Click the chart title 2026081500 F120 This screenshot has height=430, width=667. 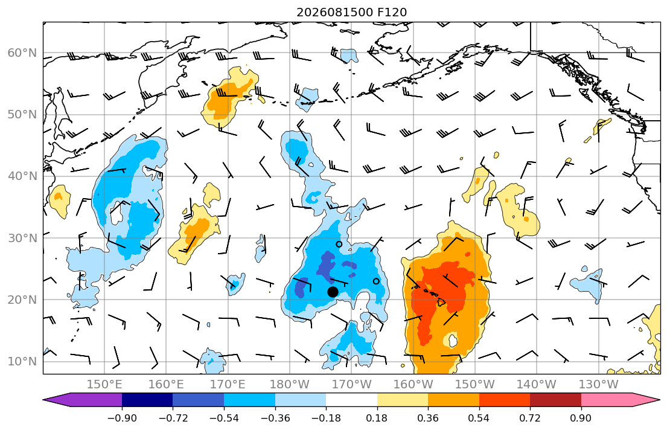[351, 12]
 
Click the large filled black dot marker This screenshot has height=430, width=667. [333, 292]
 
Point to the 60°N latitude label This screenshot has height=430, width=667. [22, 53]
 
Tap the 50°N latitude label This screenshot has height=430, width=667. [22, 115]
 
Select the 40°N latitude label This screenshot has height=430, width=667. [22, 176]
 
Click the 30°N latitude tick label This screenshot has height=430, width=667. [22, 238]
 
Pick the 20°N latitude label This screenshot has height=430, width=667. [22, 300]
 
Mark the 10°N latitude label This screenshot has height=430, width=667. [22, 362]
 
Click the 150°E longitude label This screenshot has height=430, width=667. [104, 385]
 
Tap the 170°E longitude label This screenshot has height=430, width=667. [228, 385]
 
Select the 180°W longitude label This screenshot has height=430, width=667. [290, 385]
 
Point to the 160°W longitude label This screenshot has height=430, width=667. [413, 385]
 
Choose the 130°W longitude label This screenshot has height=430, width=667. [599, 385]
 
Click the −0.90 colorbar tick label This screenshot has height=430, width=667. [122, 418]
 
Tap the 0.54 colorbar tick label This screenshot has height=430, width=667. [479, 418]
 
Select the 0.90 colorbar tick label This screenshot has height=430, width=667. [581, 418]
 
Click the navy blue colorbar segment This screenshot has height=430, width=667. [147, 400]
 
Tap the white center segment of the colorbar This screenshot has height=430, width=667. [351, 400]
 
